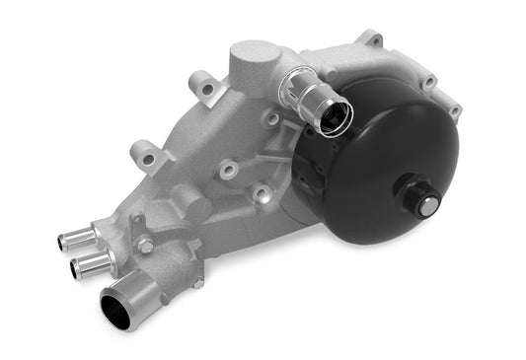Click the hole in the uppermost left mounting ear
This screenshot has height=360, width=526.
click(207, 89)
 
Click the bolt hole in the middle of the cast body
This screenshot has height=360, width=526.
click(229, 169)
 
